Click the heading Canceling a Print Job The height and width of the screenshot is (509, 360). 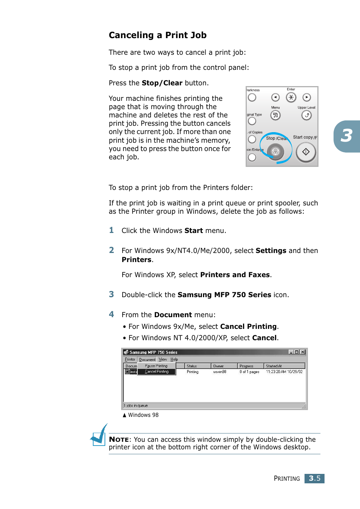coord(157,35)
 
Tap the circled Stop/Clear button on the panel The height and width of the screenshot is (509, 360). coord(275,151)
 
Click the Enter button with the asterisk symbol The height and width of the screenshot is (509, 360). coord(291,97)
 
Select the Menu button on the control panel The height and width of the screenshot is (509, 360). coord(275,115)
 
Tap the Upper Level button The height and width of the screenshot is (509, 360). coord(306,115)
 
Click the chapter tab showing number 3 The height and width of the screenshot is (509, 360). coord(346,136)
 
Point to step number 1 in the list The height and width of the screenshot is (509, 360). coord(111,230)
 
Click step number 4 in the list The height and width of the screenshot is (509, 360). coord(111,314)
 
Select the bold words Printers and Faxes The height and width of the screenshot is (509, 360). coord(235,275)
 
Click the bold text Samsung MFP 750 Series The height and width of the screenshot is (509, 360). coord(224,295)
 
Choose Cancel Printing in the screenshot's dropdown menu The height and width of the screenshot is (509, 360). coord(157,372)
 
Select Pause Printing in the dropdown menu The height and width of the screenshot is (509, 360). coord(156,366)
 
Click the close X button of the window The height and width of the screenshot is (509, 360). coord(303,352)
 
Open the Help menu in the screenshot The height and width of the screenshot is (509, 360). coord(174,359)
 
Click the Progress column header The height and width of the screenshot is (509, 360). coord(247,366)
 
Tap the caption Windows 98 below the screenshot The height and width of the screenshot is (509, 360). coord(143,415)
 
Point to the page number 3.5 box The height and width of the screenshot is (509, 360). coord(314,478)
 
